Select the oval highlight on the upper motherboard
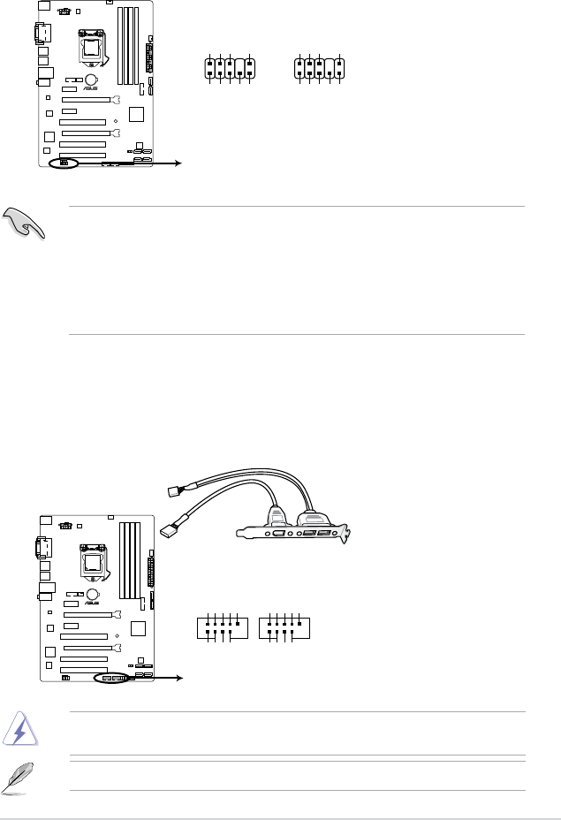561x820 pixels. (x=64, y=163)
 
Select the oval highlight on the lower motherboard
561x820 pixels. (x=112, y=679)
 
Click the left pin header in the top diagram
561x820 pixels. (x=228, y=70)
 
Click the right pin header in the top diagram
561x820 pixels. (x=321, y=70)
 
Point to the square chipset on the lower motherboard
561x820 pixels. (x=136, y=630)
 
